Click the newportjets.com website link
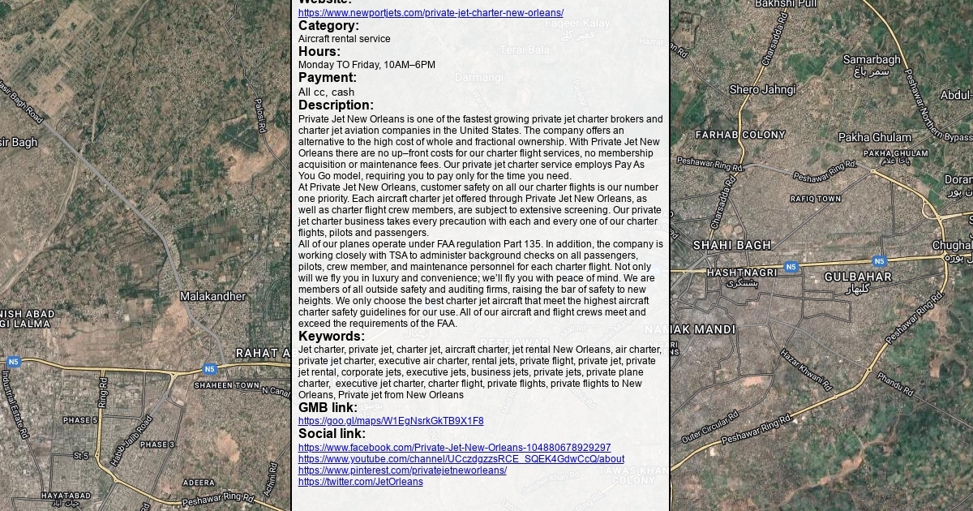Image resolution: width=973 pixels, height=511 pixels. [x=431, y=13]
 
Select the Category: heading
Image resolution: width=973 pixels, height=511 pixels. [x=328, y=26]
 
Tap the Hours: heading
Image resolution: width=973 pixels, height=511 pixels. [x=319, y=52]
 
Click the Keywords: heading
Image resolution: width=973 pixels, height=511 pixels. [x=331, y=336]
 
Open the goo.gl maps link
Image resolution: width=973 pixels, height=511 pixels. [x=391, y=421]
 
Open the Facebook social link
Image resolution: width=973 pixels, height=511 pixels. [x=454, y=448]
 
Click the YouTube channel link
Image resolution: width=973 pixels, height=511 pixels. [x=461, y=459]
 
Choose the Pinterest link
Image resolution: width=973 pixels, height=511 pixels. [x=402, y=470]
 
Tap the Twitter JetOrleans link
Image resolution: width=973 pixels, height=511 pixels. [x=360, y=482]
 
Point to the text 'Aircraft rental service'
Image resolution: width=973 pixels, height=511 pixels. [x=344, y=39]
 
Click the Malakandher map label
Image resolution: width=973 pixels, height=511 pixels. [x=212, y=297]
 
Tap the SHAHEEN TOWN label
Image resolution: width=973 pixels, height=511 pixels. [x=227, y=385]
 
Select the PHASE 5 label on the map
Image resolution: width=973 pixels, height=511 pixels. [x=80, y=420]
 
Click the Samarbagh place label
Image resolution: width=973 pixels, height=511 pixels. [x=872, y=60]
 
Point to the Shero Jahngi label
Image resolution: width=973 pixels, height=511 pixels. [x=762, y=90]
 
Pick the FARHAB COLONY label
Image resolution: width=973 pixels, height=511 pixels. [x=740, y=135]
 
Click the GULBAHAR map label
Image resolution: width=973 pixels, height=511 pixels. [x=858, y=277]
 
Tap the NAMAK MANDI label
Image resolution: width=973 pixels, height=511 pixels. [x=691, y=330]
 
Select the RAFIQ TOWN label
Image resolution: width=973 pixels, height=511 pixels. [x=816, y=199]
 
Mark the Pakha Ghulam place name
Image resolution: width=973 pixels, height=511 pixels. [x=875, y=138]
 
